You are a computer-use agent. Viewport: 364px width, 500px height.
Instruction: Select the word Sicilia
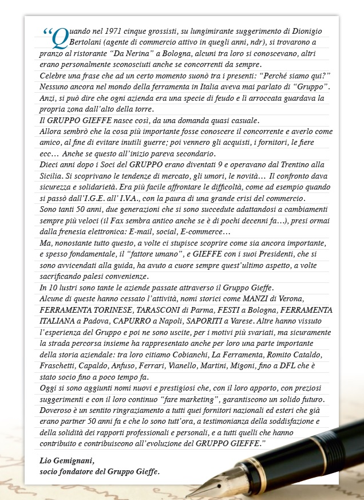click(x=53, y=175)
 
